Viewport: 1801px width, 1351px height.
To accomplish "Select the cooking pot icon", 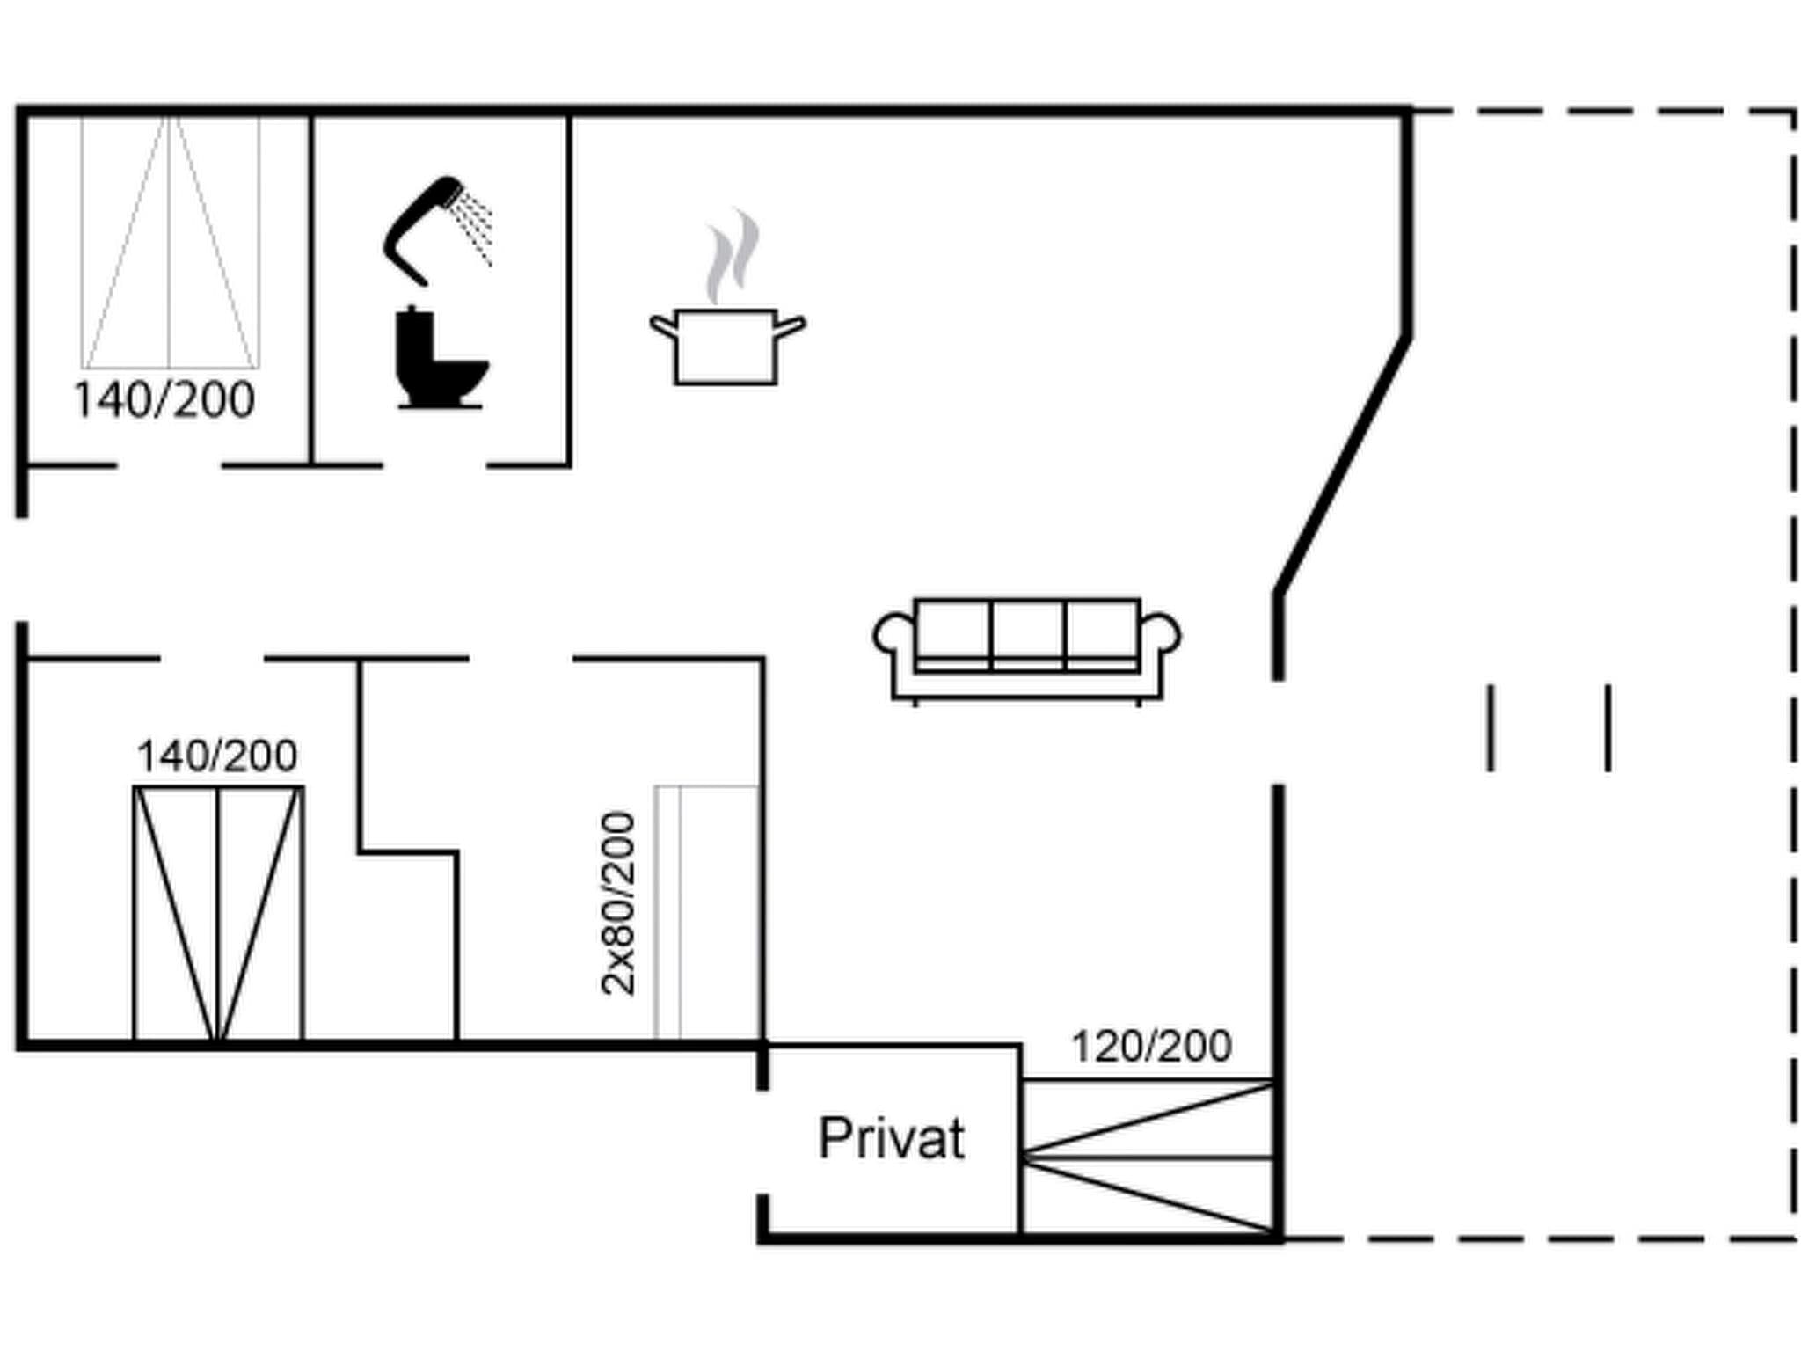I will pos(726,346).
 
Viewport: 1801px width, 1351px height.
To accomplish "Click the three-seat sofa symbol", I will pos(1027,649).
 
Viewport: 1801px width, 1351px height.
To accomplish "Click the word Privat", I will pos(891,1138).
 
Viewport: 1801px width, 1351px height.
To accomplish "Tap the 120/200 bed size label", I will pos(1150,1047).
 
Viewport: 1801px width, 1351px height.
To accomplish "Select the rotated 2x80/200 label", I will pos(618,903).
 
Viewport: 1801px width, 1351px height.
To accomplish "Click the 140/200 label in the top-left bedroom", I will pos(164,400).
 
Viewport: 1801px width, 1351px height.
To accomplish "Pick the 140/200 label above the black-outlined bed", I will pos(217,756).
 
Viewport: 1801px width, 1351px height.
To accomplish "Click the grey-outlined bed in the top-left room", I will pos(171,242).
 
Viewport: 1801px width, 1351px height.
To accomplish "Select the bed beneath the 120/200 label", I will pos(1148,1157).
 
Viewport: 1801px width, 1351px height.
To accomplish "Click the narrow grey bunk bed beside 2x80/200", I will pos(706,912).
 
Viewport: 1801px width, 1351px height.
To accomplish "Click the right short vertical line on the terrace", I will pos(1608,728).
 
